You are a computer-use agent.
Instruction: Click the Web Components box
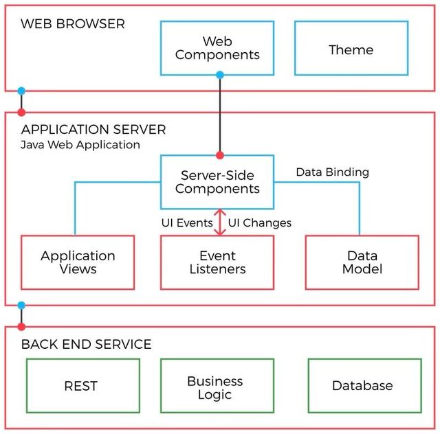click(x=217, y=48)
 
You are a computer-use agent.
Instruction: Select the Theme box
click(x=351, y=49)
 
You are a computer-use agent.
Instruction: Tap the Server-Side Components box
click(x=217, y=182)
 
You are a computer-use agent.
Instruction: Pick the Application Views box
click(x=78, y=262)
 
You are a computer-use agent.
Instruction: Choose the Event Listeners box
click(x=217, y=262)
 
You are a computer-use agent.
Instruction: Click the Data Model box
click(x=362, y=262)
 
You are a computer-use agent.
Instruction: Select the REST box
click(x=81, y=386)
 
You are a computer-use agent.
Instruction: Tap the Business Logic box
click(x=215, y=387)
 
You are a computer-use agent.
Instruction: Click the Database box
click(x=362, y=386)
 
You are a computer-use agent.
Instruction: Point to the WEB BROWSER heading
click(x=73, y=24)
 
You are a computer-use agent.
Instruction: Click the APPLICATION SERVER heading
click(x=93, y=129)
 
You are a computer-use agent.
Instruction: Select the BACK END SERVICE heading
click(x=87, y=344)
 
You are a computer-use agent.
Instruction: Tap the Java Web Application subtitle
click(x=80, y=145)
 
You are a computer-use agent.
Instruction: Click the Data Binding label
click(x=332, y=172)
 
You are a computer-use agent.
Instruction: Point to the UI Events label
click(x=187, y=222)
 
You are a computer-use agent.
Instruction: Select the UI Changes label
click(x=259, y=222)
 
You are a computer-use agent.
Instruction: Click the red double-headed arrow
click(x=220, y=222)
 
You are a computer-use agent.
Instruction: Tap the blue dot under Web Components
click(x=220, y=75)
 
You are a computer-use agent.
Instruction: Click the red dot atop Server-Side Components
click(x=220, y=155)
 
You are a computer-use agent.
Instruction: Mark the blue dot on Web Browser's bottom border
click(x=21, y=91)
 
